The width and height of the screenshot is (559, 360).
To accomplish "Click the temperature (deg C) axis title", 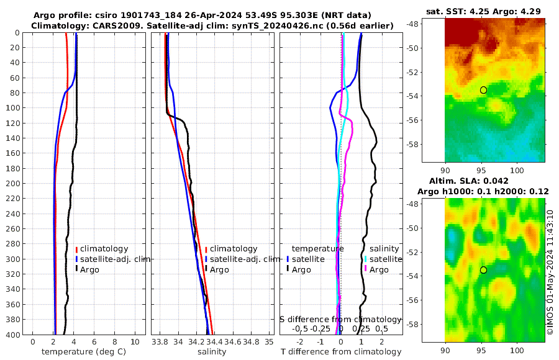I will [x=84, y=352].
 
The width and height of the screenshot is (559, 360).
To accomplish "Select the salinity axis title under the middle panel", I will [x=212, y=352].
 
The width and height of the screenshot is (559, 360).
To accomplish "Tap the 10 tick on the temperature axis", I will [x=135, y=341].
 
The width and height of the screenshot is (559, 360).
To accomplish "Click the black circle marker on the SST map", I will [x=483, y=90].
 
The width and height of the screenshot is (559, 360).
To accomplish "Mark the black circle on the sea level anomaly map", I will [x=483, y=270].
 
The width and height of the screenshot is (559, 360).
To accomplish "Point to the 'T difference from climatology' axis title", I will [x=342, y=352].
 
